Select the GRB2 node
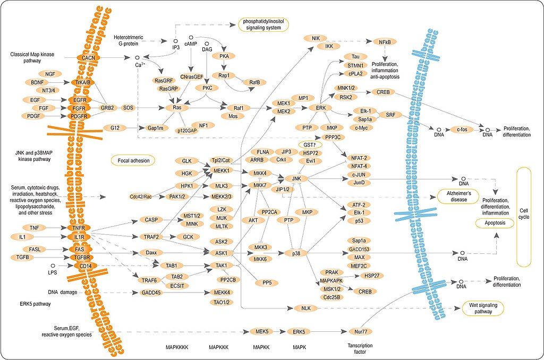pyautogui.click(x=108, y=108)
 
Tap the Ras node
pyautogui.click(x=177, y=108)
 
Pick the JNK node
pyautogui.click(x=296, y=179)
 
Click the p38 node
pyautogui.click(x=296, y=253)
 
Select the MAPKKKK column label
pyautogui.click(x=177, y=347)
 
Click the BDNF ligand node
pyautogui.click(x=36, y=82)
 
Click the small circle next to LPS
pyautogui.click(x=53, y=264)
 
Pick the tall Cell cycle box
pyautogui.click(x=523, y=217)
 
